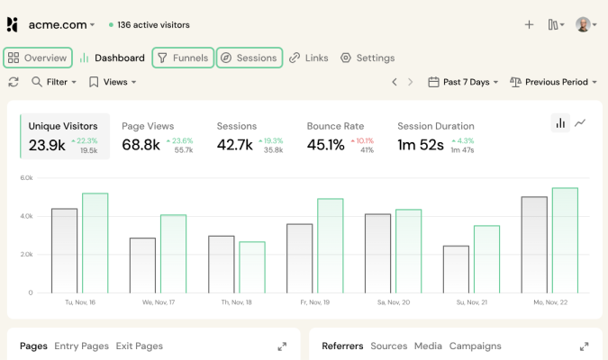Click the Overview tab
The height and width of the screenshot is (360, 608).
coord(38,58)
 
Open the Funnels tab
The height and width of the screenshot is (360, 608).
coord(183,58)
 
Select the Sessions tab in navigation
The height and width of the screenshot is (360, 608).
coord(250,58)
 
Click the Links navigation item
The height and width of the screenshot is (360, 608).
coord(309,58)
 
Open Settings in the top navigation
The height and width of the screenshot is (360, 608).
coord(368,58)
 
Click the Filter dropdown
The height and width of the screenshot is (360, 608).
coord(54,82)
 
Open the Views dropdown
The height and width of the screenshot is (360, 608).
coord(113,82)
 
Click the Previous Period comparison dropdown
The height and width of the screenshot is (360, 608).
coord(554,82)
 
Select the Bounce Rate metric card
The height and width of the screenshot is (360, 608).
coord(340,137)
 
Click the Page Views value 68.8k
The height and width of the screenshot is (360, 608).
coord(141,145)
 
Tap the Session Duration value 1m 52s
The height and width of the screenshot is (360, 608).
coord(422,145)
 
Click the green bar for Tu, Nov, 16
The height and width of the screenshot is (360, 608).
coord(95,243)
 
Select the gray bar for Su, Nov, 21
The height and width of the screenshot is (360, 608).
coord(456,269)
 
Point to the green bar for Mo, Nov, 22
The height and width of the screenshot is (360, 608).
coord(565,240)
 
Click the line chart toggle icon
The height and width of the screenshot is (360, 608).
coord(581,122)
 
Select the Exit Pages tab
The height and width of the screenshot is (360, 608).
coord(139,346)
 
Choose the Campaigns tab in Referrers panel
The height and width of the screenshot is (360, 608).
coord(475,346)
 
